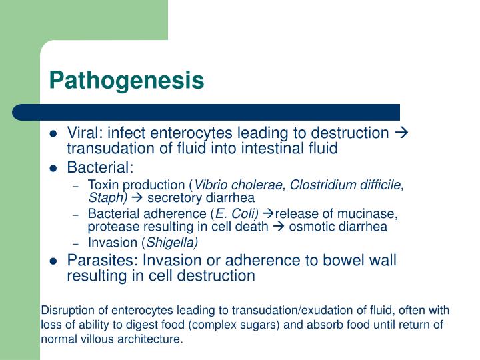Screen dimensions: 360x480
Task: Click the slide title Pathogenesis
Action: coord(126,81)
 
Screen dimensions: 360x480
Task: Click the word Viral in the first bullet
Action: coord(83,134)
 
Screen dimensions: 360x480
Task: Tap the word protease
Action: coord(109,226)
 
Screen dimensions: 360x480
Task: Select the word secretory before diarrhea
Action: coord(173,197)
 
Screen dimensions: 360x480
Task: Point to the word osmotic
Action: coord(309,226)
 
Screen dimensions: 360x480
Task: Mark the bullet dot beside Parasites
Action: coord(54,261)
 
